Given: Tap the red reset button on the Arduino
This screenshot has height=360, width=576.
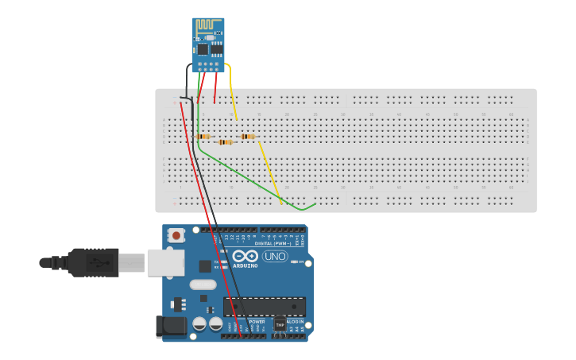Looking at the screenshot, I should click(x=176, y=235).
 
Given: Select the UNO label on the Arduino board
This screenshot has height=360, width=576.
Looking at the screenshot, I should click(x=275, y=256).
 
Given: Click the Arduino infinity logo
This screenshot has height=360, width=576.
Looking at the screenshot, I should click(x=245, y=256).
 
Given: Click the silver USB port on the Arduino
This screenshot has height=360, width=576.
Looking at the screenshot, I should click(x=166, y=262).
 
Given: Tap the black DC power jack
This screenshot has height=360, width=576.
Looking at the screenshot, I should click(x=172, y=325).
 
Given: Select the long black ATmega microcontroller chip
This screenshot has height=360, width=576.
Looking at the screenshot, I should click(x=265, y=307).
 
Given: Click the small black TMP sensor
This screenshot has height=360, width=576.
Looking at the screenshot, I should click(x=280, y=324).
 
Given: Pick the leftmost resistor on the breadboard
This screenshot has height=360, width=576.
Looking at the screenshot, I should click(x=204, y=137).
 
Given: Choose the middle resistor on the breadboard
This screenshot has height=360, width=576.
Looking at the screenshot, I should click(x=226, y=142).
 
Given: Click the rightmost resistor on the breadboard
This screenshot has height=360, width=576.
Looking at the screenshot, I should click(x=248, y=137).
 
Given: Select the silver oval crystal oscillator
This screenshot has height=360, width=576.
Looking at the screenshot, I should click(x=203, y=285).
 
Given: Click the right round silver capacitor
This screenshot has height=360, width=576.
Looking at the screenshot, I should click(x=215, y=323).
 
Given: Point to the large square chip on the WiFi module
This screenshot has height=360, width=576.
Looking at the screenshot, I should click(x=203, y=49).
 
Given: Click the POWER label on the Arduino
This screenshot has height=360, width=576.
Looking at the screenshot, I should click(x=246, y=321).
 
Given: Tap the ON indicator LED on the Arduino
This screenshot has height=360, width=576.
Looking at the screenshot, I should click(x=298, y=261).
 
